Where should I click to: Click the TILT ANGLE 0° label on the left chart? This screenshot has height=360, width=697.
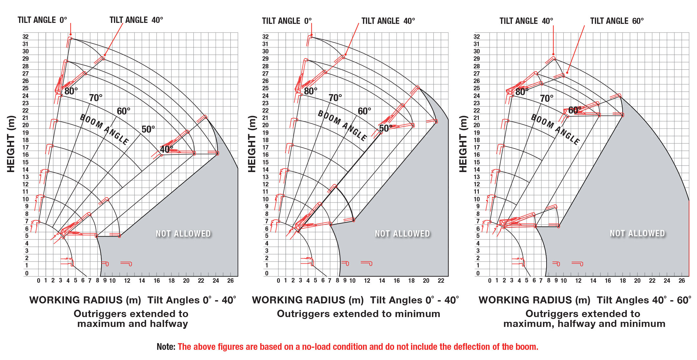(x=42, y=20)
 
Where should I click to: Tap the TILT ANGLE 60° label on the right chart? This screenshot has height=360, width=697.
(x=617, y=21)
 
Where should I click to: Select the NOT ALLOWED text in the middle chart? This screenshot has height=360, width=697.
(x=402, y=234)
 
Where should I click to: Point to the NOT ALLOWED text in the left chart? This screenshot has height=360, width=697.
(x=183, y=234)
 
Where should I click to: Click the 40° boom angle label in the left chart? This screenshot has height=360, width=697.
(x=166, y=149)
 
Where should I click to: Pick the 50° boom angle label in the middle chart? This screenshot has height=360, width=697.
(x=386, y=128)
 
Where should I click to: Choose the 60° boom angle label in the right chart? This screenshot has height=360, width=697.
(x=575, y=110)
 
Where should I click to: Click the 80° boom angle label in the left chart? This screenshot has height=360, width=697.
(x=71, y=91)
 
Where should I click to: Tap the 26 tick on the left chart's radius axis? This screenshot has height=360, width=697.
(x=230, y=280)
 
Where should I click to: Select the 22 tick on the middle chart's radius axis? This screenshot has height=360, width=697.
(x=441, y=280)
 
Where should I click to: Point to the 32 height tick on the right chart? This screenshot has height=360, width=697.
(x=477, y=37)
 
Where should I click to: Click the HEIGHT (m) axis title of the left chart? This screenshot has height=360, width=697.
(x=11, y=144)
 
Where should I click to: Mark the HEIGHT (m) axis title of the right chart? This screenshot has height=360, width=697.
(x=463, y=144)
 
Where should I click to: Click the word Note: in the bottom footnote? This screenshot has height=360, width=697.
(x=166, y=347)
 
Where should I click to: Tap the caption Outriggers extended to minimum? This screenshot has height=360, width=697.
(x=359, y=314)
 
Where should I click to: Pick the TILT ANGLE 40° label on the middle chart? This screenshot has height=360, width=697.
(x=388, y=21)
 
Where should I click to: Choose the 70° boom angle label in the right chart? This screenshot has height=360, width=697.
(x=547, y=98)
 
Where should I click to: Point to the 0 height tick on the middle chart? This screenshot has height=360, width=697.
(x=267, y=273)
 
